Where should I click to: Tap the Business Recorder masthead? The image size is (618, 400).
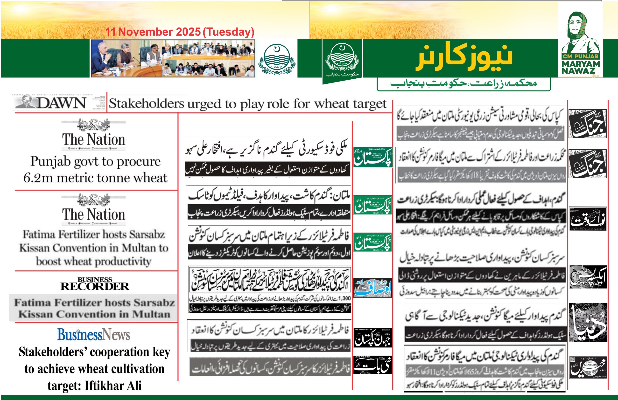[95, 284]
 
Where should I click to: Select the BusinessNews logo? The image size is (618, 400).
[94, 334]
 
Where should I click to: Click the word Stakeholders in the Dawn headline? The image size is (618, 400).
[147, 103]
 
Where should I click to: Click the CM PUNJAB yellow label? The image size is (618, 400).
[581, 56]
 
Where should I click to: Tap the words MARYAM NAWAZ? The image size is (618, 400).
[581, 67]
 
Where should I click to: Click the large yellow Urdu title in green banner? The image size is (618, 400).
[465, 57]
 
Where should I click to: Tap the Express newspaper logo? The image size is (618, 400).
[588, 277]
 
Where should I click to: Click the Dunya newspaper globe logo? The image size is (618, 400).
[588, 323]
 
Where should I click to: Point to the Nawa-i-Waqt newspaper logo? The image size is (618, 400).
[588, 219]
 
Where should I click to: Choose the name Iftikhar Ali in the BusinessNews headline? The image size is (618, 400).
[113, 386]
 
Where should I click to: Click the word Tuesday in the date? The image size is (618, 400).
[229, 32]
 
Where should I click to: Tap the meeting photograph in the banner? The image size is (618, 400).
[173, 58]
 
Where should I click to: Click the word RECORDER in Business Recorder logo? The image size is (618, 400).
[95, 286]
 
